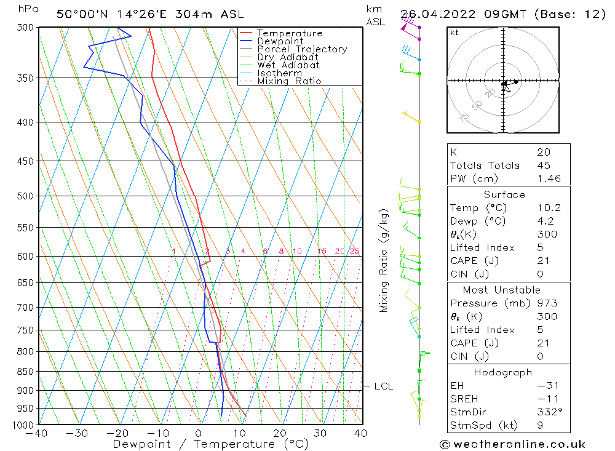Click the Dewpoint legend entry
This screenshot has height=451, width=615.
(280, 41)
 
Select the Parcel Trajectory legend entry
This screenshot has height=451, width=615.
(302, 49)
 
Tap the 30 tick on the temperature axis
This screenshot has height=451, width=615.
(320, 434)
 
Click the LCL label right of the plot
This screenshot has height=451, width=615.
(383, 386)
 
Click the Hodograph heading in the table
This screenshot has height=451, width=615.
(504, 372)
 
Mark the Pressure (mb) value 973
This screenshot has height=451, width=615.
(547, 303)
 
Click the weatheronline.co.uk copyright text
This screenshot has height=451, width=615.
(512, 444)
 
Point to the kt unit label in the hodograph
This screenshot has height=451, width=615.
(454, 33)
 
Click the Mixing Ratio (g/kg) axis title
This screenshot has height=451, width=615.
(384, 260)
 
